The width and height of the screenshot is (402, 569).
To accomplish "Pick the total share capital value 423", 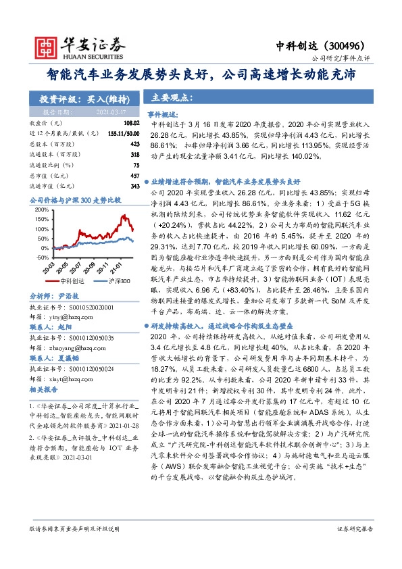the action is [134, 144].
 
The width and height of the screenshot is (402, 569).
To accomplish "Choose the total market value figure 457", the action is [134, 174].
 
